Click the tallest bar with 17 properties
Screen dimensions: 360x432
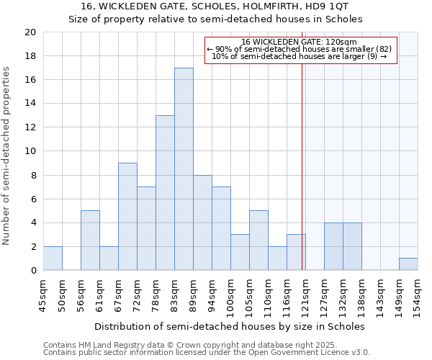pos(184,169)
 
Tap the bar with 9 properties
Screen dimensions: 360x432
pos(127,217)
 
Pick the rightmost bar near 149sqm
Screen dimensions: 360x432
pos(408,264)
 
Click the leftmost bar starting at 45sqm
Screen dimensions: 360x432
pos(53,258)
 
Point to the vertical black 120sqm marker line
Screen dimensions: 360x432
pos(302,180)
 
